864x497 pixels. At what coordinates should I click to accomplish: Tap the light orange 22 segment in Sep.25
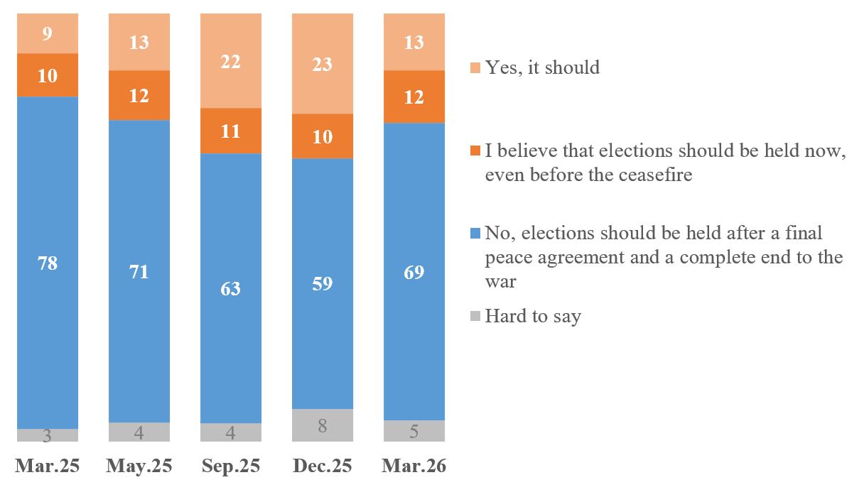coord(231,61)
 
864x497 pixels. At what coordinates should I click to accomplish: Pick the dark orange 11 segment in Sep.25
coord(231,131)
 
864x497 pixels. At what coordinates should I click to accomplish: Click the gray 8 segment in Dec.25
coord(323,426)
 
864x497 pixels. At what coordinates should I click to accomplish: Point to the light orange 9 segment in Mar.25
coord(48,33)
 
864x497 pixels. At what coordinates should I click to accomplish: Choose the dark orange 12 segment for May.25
coord(139,95)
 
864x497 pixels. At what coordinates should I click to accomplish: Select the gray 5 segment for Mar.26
coord(414,431)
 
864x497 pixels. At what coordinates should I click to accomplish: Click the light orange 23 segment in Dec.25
coord(323,64)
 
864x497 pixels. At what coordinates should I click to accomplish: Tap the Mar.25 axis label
coord(48,466)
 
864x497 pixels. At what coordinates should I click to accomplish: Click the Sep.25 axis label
coord(231,466)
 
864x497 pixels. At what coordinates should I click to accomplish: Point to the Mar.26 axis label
coord(414,466)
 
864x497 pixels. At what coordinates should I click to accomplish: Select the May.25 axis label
coord(139,466)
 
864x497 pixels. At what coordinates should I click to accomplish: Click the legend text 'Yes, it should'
coord(542,67)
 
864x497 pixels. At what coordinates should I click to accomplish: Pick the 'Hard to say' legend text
coord(533,316)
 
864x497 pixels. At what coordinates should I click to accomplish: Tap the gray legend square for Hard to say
coord(475,316)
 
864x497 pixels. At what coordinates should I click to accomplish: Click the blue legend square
coord(475,233)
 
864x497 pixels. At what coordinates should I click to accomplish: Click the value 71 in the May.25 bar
coord(139,271)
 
